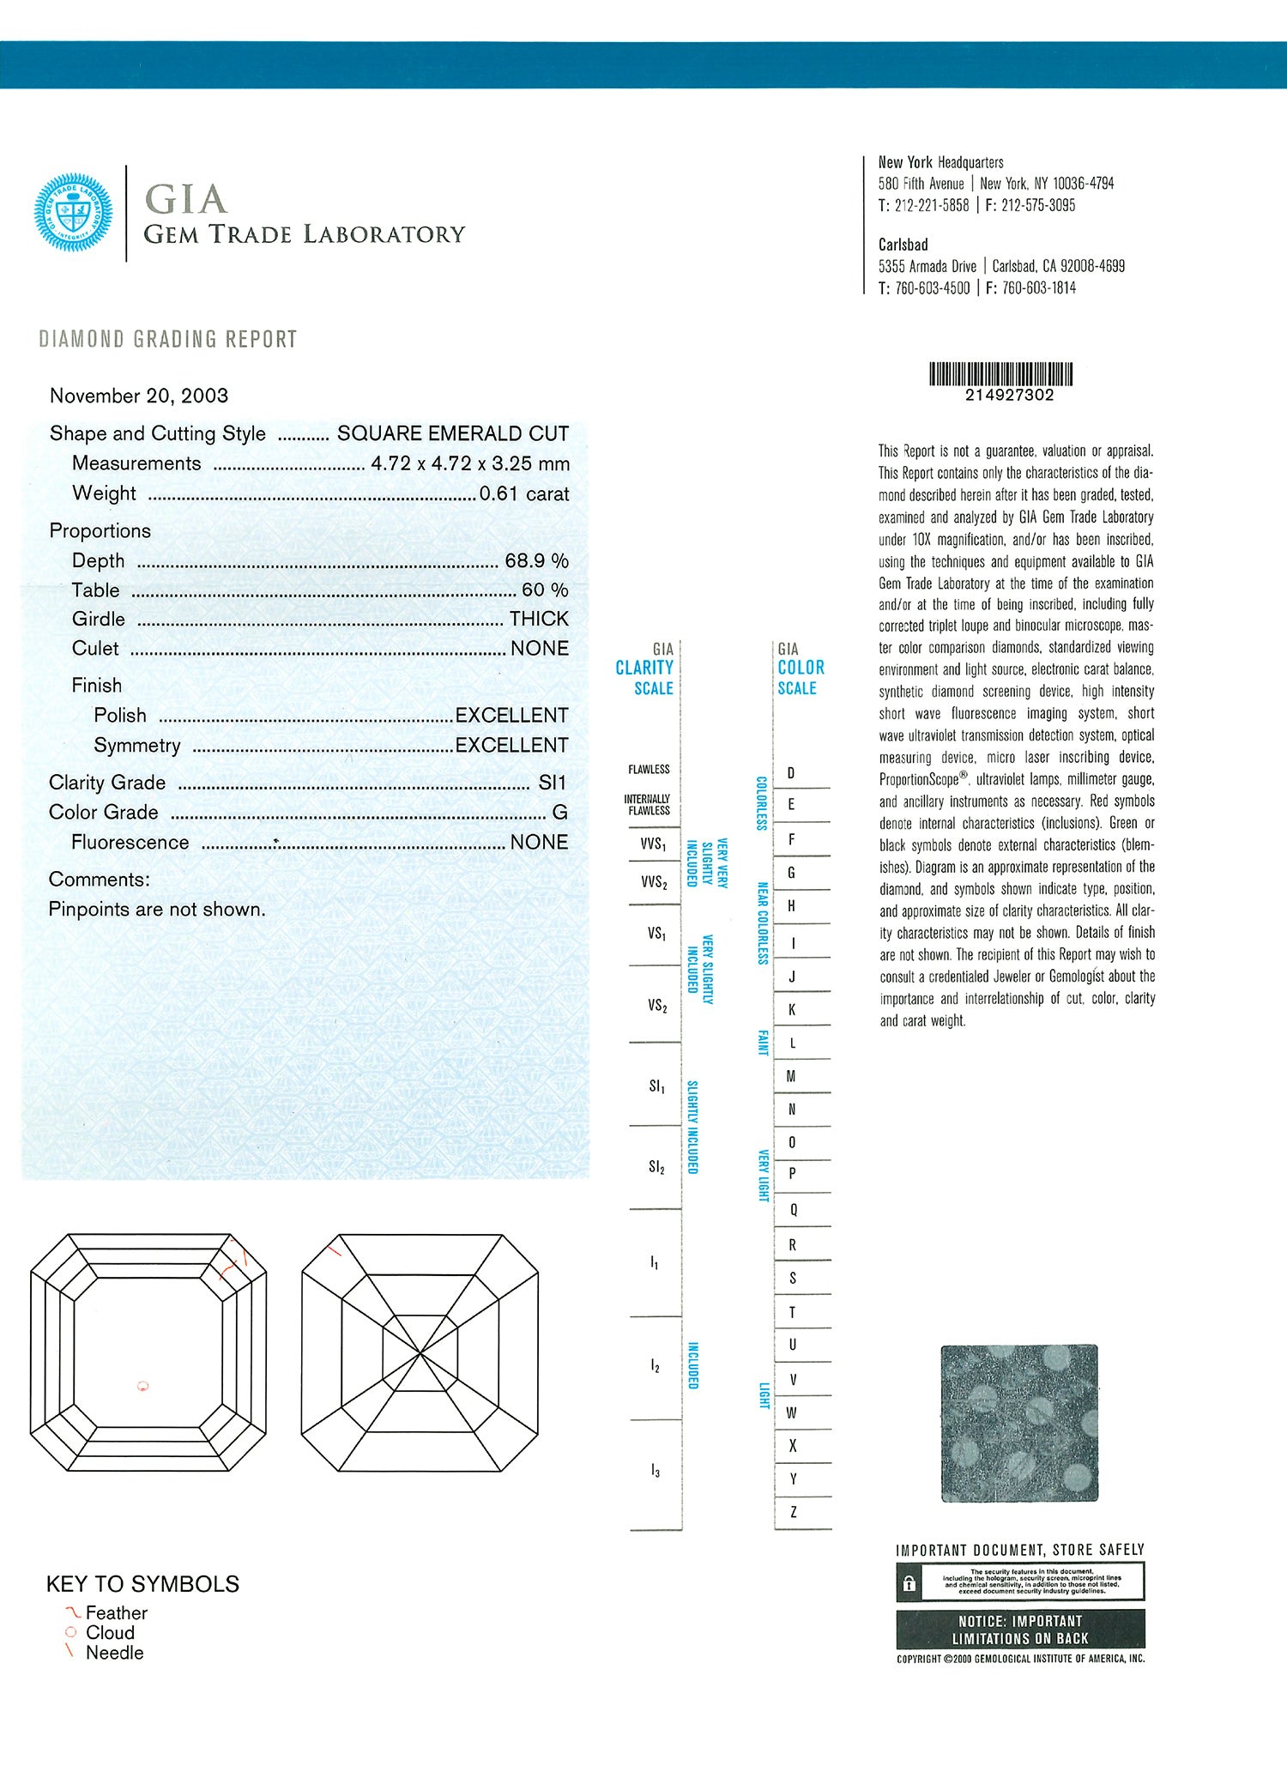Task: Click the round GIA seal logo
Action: click(73, 213)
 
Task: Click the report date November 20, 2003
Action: click(139, 396)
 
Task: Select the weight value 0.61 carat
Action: click(523, 493)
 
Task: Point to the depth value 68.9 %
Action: click(536, 560)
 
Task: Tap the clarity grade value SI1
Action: click(552, 783)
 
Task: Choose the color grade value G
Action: click(559, 812)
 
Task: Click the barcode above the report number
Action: click(1001, 374)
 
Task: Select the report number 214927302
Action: click(1009, 396)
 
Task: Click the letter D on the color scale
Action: click(791, 772)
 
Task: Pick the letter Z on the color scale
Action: click(793, 1512)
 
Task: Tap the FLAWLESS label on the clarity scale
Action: click(649, 769)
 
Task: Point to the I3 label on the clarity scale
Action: click(656, 1472)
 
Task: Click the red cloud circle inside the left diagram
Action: click(143, 1385)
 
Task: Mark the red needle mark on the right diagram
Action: click(335, 1249)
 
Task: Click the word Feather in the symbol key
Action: click(117, 1613)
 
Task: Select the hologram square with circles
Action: click(1019, 1423)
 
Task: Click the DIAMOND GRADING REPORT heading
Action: click(168, 339)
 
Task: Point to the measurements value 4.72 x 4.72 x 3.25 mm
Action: click(470, 463)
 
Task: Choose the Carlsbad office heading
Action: click(903, 245)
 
